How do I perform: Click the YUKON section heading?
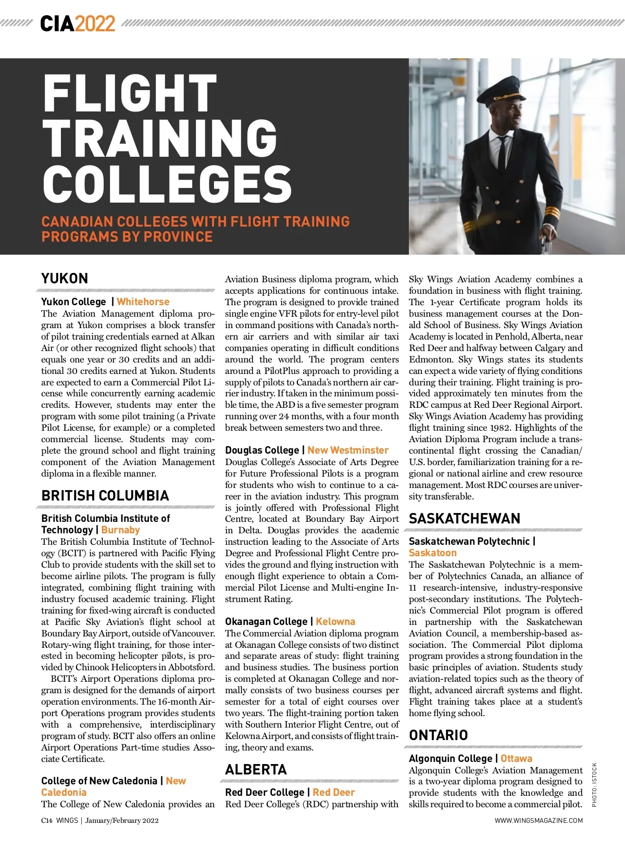click(x=65, y=278)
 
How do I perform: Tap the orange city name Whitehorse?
click(x=143, y=302)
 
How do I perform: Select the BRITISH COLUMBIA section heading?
click(x=105, y=495)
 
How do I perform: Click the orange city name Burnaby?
click(x=120, y=530)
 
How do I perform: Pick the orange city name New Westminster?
click(x=348, y=450)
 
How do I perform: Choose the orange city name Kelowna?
click(x=335, y=621)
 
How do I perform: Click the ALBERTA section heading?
click(x=256, y=769)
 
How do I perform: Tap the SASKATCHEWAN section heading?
click(x=465, y=518)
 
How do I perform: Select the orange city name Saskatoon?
click(x=432, y=553)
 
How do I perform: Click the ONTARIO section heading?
click(x=438, y=735)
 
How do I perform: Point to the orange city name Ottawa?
click(x=516, y=758)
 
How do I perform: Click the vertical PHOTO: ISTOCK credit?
click(x=595, y=784)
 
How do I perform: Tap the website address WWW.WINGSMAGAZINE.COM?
click(x=539, y=820)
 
